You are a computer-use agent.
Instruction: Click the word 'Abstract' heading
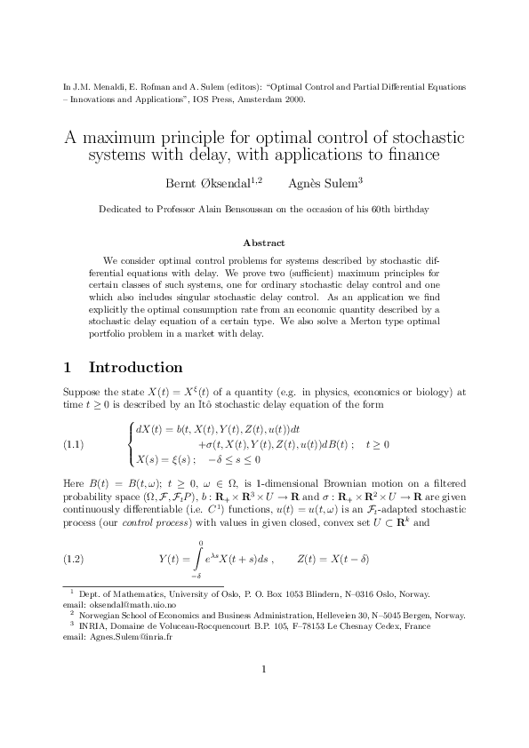pyautogui.click(x=264, y=243)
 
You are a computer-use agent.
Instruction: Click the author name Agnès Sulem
pyautogui.click(x=323, y=184)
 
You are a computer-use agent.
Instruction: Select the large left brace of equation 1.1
pyautogui.click(x=133, y=443)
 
